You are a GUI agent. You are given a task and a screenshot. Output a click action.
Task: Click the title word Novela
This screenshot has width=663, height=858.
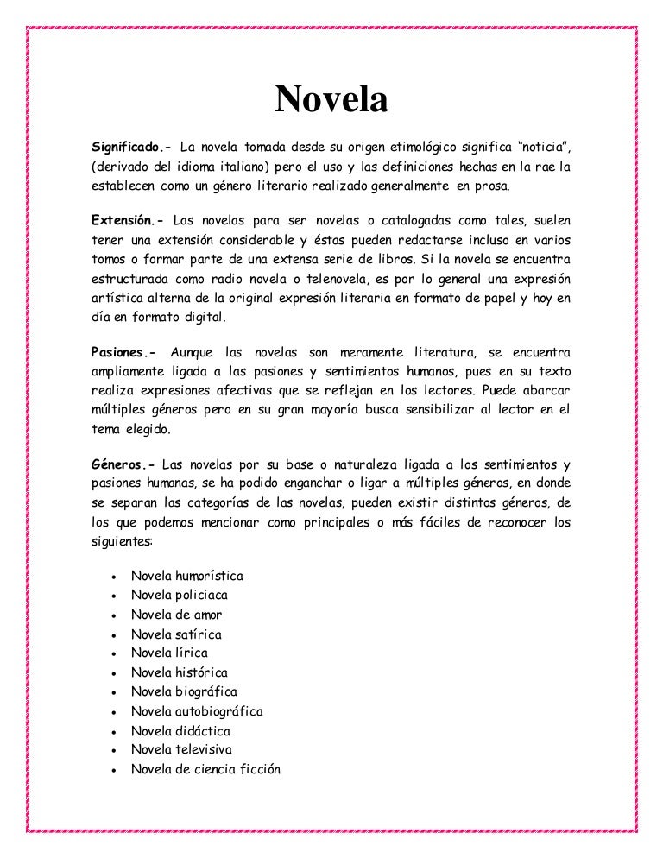(331, 101)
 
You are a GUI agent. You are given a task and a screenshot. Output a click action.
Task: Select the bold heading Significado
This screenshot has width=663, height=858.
(129, 142)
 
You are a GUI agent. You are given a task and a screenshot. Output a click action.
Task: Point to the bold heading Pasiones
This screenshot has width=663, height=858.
(124, 353)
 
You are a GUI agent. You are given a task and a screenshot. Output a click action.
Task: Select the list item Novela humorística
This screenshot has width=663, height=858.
(186, 576)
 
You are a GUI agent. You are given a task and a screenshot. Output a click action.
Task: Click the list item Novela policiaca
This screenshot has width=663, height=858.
(180, 595)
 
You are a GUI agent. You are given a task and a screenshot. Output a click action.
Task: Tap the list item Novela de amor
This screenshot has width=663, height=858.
(176, 615)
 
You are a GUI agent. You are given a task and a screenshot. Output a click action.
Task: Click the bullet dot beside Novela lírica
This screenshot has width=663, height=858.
(114, 654)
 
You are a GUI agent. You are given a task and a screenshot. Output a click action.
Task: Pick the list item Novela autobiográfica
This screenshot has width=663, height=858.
(197, 711)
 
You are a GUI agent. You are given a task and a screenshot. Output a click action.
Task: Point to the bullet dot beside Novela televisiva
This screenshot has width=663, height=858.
(114, 751)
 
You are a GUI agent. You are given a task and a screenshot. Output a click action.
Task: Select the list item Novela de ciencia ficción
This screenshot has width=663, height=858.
(205, 769)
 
